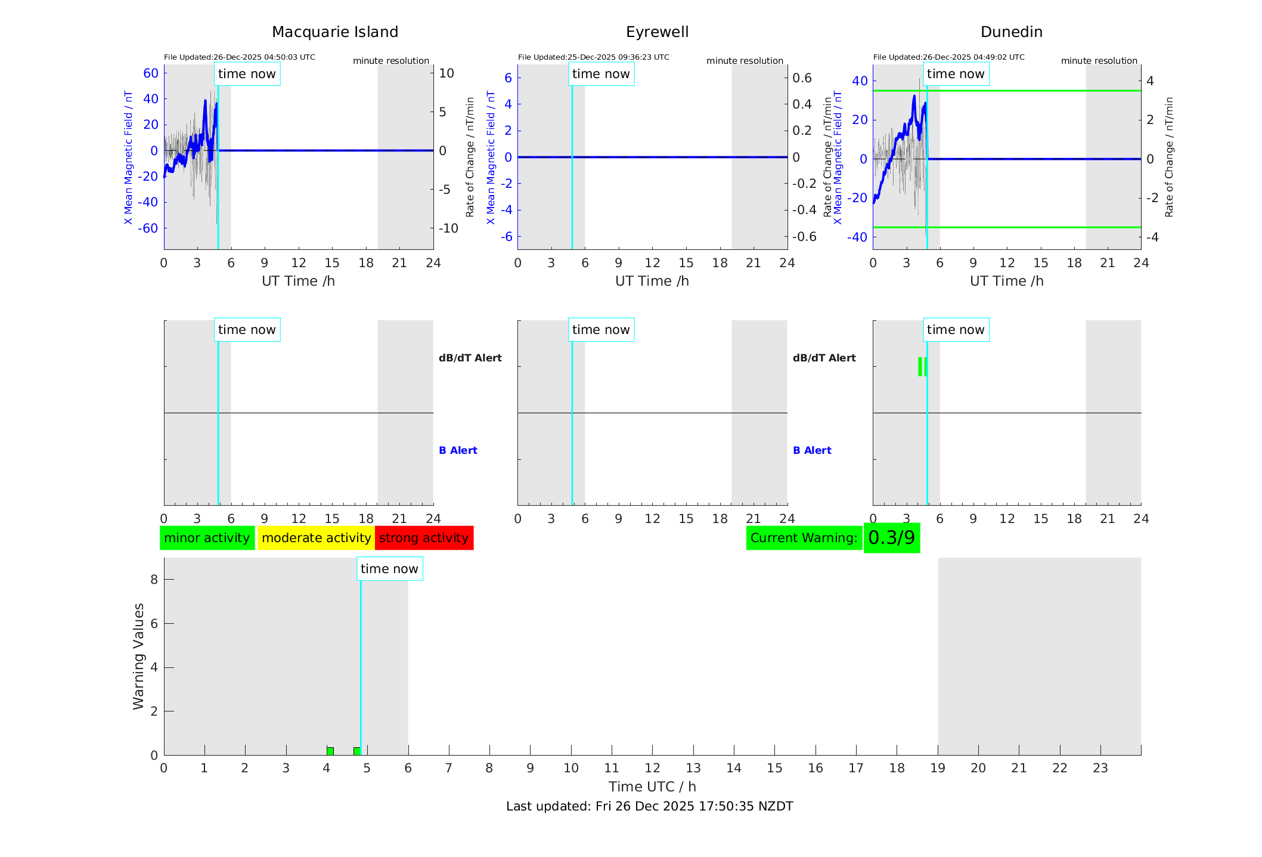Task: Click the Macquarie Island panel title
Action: (x=334, y=32)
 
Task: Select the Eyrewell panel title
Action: (x=657, y=32)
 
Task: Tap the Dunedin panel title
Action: (x=1011, y=32)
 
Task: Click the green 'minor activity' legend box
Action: (x=207, y=538)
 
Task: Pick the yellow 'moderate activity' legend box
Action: (x=316, y=538)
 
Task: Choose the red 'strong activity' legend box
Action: (x=424, y=538)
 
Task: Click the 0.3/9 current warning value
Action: (x=891, y=538)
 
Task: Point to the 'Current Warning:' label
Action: (x=804, y=538)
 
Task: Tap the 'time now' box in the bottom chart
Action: (x=389, y=569)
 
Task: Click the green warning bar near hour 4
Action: (x=330, y=751)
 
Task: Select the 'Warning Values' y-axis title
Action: (x=138, y=656)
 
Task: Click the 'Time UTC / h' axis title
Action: (x=652, y=787)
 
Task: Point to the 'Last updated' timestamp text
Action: (x=649, y=806)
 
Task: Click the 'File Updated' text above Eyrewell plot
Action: (x=593, y=57)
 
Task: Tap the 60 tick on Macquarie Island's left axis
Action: (x=151, y=73)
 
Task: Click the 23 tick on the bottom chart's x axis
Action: (x=1100, y=768)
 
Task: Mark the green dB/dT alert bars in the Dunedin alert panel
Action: (x=922, y=367)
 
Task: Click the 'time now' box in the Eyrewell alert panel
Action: (x=601, y=330)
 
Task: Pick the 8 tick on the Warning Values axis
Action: (x=154, y=579)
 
